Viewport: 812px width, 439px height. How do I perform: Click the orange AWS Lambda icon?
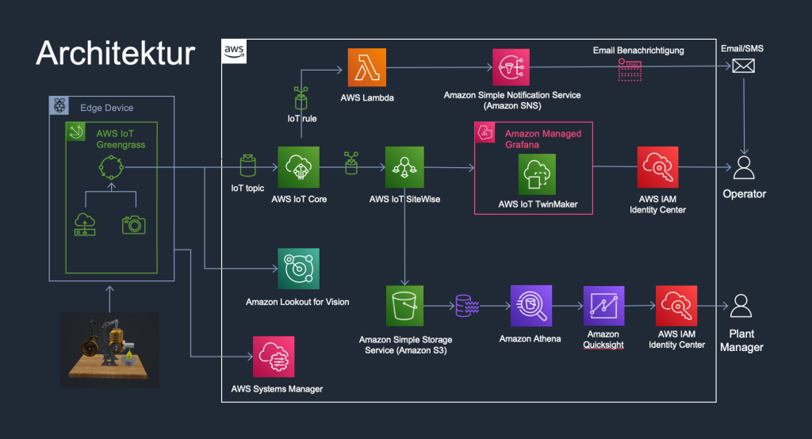coord(366,69)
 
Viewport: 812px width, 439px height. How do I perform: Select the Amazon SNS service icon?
coord(512,69)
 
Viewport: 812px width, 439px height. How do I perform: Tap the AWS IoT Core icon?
coord(298,167)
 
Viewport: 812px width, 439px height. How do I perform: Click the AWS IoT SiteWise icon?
coord(404,167)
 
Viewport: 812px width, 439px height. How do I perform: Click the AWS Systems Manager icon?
coord(274,357)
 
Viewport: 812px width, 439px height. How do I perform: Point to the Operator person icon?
coord(743,168)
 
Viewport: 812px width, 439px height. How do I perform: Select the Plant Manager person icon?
coord(741,306)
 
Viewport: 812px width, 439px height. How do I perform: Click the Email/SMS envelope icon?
coord(743,68)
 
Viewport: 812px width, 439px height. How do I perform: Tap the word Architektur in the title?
coord(115,53)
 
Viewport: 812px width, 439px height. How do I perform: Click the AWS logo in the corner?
coord(234,52)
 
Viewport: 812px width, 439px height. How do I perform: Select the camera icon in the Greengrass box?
coord(134,224)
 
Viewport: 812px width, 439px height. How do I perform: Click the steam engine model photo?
coord(109,349)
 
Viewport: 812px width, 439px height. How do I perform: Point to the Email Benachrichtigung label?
coord(638,51)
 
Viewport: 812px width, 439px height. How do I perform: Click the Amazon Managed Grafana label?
coord(542,139)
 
